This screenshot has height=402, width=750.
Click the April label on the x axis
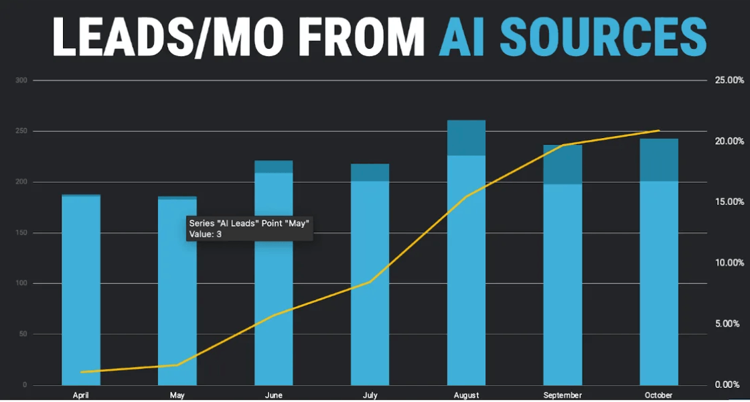coord(81,395)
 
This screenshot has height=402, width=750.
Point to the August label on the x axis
coord(466,395)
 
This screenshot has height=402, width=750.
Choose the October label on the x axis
coord(659,395)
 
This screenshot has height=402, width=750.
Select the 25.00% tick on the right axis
coord(730,80)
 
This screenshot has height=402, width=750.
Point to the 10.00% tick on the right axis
coord(730,263)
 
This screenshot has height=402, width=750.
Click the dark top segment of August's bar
coord(466,137)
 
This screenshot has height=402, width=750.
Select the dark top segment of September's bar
coord(562,164)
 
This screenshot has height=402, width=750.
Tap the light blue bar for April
coord(81,288)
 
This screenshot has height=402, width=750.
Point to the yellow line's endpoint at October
coord(659,131)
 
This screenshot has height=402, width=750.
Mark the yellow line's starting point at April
coord(81,372)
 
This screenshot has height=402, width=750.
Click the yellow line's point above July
coord(370,282)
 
